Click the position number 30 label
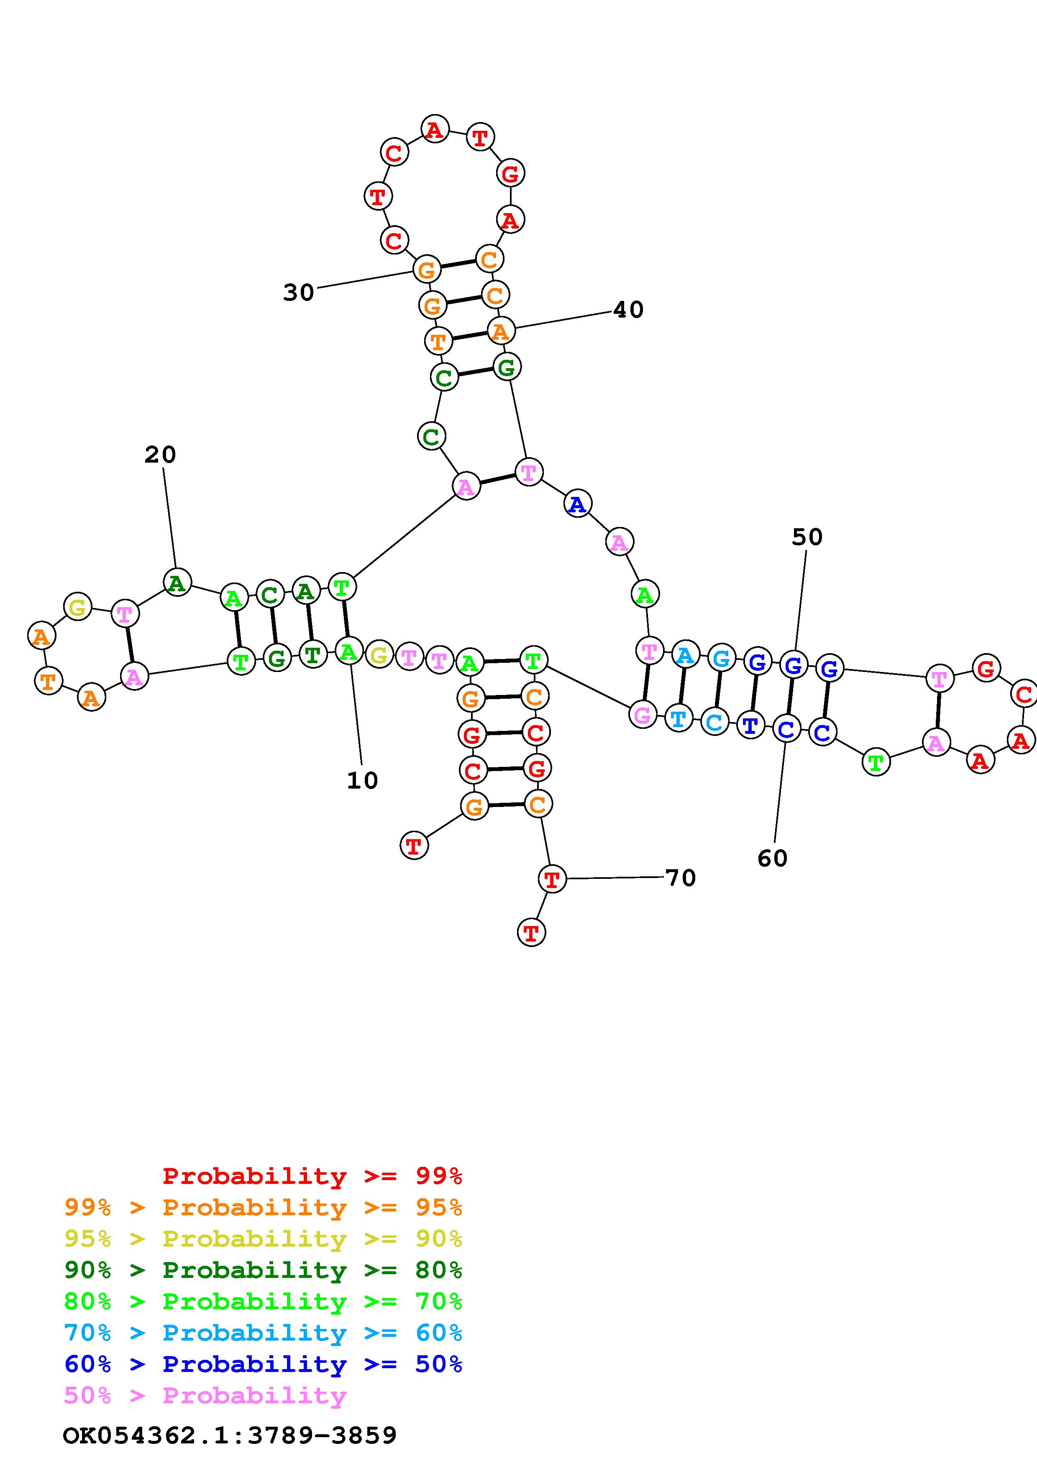pyautogui.click(x=298, y=293)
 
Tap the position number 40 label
pyautogui.click(x=628, y=310)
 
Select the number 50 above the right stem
pyautogui.click(x=807, y=537)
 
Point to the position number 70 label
pyautogui.click(x=681, y=878)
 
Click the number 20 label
pyautogui.click(x=160, y=455)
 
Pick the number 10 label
pyautogui.click(x=362, y=780)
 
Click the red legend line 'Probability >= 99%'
pyautogui.click(x=312, y=1176)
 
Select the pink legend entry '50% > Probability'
pyautogui.click(x=205, y=1396)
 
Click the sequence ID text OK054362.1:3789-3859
pyautogui.click(x=230, y=1435)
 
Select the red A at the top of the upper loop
pyautogui.click(x=435, y=130)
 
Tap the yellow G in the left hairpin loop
pyautogui.click(x=77, y=606)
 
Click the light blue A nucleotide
pyautogui.click(x=684, y=655)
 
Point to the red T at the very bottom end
pyautogui.click(x=531, y=933)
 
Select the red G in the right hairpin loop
pyautogui.click(x=986, y=669)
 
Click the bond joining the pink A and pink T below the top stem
pyautogui.click(x=497, y=479)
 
